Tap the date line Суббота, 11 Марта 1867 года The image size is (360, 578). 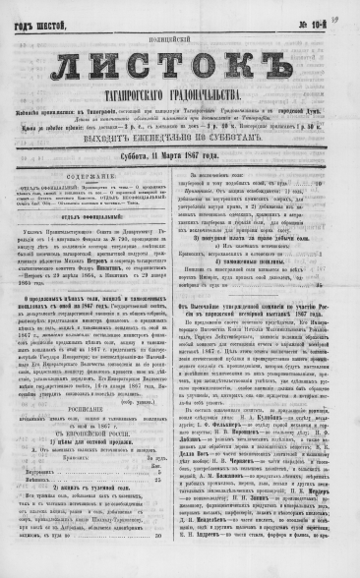[x=179, y=182]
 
